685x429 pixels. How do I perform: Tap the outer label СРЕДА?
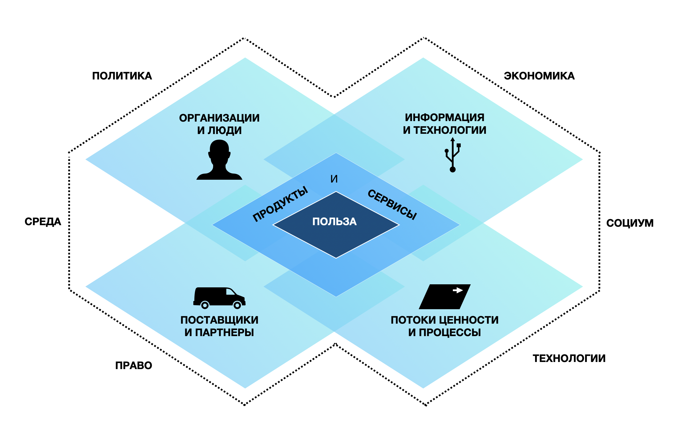(43, 222)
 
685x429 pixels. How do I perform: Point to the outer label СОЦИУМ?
(630, 223)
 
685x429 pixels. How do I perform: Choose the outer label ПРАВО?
(133, 366)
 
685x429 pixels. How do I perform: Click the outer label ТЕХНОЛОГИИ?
(569, 358)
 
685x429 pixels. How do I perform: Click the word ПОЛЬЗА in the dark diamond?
(335, 222)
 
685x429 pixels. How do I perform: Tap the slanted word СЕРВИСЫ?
(392, 204)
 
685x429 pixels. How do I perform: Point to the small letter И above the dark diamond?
(334, 179)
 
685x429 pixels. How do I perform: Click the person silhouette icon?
(219, 160)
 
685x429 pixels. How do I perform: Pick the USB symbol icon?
(453, 155)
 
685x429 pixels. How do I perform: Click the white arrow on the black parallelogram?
(458, 290)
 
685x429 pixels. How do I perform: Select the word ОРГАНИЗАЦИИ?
(219, 118)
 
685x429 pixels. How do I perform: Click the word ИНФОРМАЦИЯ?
(444, 118)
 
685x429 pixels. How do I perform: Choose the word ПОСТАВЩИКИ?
(219, 320)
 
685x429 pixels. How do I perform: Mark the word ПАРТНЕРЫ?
(225, 333)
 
